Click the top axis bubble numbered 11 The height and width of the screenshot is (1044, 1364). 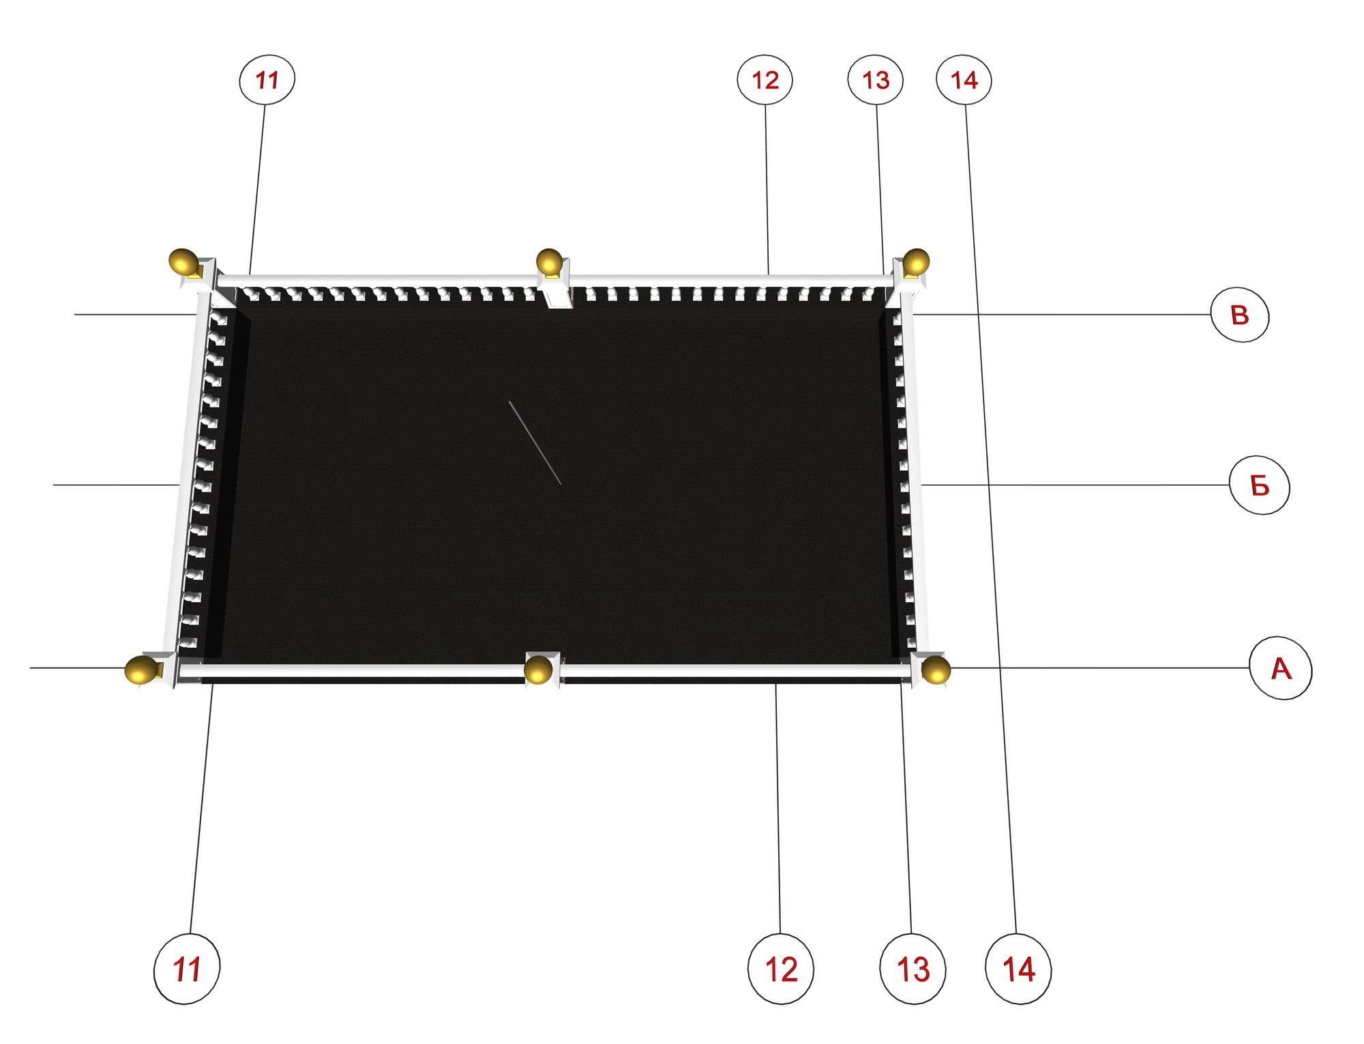[x=267, y=80]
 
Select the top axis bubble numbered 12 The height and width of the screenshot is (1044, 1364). [x=765, y=80]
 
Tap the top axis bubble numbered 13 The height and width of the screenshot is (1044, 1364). [x=876, y=80]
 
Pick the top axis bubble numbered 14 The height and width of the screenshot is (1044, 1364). [x=964, y=80]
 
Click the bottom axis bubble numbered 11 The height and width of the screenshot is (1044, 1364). [x=187, y=969]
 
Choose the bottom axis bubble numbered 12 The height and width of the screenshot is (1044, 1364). [x=781, y=969]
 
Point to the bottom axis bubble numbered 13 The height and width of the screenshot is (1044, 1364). [x=913, y=969]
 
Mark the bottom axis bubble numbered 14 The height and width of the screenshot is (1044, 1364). [x=1018, y=969]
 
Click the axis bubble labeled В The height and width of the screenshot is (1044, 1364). [x=1240, y=315]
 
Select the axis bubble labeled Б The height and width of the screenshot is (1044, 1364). [x=1260, y=486]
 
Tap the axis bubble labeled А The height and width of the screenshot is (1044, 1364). [x=1281, y=668]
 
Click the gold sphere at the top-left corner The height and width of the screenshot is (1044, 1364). [x=183, y=261]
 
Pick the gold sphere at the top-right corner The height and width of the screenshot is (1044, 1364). [x=916, y=261]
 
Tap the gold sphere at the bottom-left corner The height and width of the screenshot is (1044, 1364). [x=140, y=670]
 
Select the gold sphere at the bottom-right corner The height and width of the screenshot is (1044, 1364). [x=936, y=670]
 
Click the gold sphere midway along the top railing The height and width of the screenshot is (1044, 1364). [x=549, y=261]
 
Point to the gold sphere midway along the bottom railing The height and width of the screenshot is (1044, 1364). [x=538, y=670]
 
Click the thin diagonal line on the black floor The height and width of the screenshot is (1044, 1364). [x=535, y=443]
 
